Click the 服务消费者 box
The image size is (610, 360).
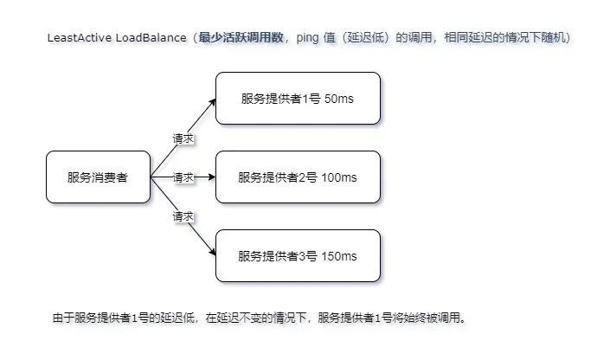97,177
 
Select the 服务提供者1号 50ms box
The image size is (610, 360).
298,99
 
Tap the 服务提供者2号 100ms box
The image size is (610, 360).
298,177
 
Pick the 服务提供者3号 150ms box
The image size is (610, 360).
298,256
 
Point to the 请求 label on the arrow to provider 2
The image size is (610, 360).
183,177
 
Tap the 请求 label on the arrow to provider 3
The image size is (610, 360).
183,216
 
